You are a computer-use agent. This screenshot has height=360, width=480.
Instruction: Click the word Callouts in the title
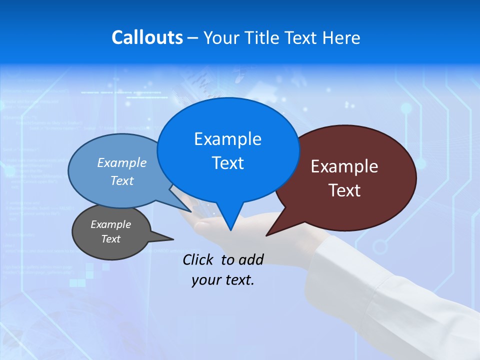(147, 37)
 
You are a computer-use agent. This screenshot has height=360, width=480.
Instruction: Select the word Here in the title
(342, 37)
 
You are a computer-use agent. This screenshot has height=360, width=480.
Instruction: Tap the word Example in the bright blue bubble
(227, 138)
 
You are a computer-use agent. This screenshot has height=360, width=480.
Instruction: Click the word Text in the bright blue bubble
(227, 163)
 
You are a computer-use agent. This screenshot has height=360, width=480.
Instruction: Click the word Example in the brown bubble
(344, 166)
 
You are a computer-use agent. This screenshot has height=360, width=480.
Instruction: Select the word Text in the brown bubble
(344, 190)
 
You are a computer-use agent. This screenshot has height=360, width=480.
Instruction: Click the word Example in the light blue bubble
(122, 162)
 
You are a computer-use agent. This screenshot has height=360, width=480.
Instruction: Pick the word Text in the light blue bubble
(122, 180)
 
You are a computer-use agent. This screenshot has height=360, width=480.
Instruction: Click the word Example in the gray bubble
(110, 224)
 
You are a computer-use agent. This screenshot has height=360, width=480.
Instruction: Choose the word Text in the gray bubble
(110, 239)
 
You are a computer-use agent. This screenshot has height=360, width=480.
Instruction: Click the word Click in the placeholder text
(198, 259)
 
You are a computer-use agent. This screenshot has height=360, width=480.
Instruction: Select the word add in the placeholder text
(250, 259)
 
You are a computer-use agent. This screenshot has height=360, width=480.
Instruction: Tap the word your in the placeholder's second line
(206, 280)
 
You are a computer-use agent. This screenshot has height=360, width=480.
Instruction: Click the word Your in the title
(221, 37)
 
